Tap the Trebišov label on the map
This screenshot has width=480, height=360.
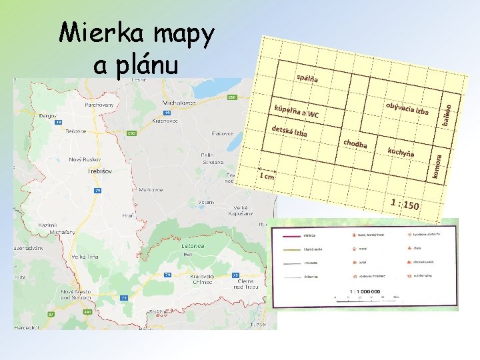99,171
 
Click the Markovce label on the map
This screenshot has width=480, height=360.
151,189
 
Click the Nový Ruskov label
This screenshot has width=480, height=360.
85,159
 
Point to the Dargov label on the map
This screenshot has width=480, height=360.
48,115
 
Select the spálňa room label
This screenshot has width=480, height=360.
307,78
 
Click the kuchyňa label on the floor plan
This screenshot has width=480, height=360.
401,151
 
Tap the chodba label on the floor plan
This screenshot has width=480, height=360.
355,143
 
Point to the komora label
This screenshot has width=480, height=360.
437,167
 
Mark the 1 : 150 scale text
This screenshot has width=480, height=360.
405,203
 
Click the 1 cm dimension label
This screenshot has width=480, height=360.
267,177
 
